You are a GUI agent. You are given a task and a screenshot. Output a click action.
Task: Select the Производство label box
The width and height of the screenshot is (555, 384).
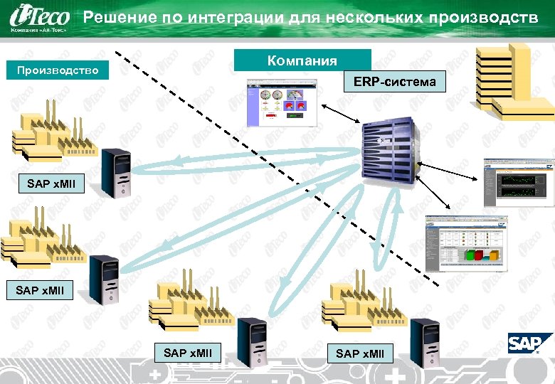click(57, 70)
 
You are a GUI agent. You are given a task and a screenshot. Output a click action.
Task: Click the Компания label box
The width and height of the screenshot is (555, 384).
click(302, 60)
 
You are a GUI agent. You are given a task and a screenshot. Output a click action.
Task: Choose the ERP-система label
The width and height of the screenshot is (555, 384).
click(394, 82)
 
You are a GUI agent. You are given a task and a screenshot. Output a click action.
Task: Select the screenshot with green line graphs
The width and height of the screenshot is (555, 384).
click(518, 182)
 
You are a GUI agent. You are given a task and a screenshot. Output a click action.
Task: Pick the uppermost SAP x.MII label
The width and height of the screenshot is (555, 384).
click(55, 184)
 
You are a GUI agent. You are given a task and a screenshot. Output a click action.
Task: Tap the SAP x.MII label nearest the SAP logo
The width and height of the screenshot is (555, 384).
click(359, 353)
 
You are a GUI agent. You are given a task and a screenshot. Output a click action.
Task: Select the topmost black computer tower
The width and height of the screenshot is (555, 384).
click(116, 173)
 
